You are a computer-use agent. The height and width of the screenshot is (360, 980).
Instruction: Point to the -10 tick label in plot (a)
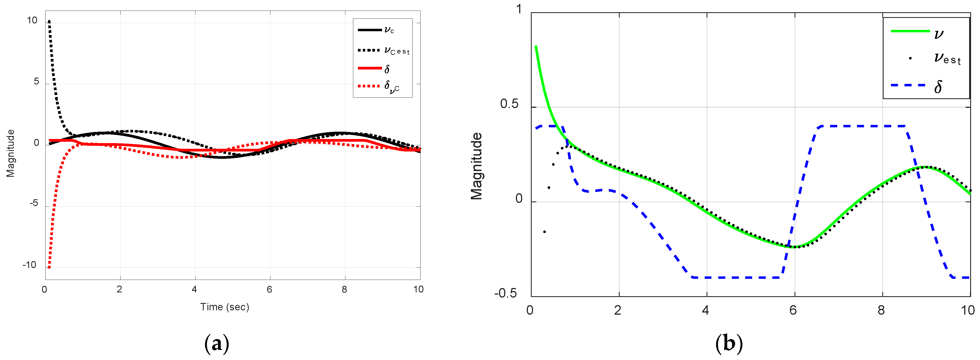(x=29, y=265)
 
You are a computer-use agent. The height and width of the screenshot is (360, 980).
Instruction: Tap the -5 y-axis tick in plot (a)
(x=34, y=203)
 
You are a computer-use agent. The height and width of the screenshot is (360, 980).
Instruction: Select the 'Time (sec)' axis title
(x=225, y=307)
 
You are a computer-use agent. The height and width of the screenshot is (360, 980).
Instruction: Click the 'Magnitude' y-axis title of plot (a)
(x=11, y=153)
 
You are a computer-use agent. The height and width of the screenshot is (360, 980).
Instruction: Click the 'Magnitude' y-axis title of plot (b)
(x=476, y=166)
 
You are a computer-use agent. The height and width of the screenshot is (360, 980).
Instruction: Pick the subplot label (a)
(x=217, y=344)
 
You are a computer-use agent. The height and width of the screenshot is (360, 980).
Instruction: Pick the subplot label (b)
(x=729, y=344)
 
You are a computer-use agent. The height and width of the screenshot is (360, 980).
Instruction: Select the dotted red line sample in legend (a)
(x=369, y=86)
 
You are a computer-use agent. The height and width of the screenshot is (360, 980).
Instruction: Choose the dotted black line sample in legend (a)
(x=369, y=50)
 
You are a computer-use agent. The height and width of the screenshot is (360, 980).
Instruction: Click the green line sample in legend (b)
(x=910, y=31)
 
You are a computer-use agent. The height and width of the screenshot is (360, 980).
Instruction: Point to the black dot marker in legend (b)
(x=910, y=58)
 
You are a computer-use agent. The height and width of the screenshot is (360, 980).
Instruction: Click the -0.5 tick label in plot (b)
(x=506, y=293)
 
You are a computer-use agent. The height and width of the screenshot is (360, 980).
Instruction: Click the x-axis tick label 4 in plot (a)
(x=194, y=289)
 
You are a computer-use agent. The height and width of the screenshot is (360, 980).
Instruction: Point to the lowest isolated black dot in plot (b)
(x=544, y=232)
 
